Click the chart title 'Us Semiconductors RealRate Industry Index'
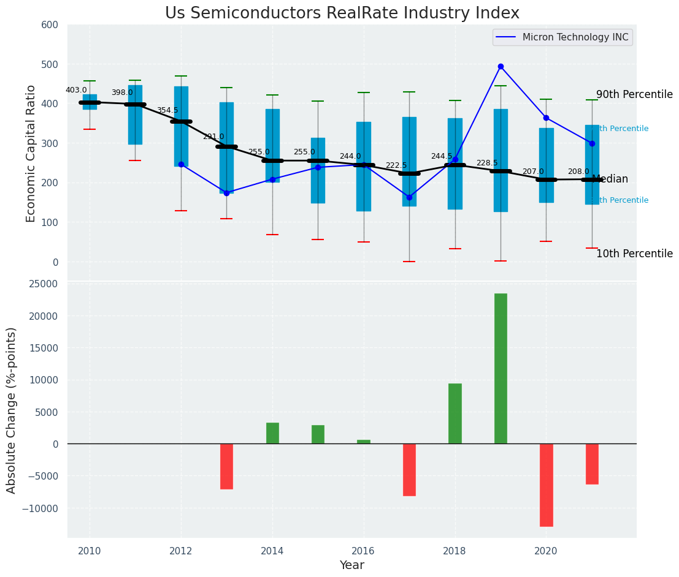click(342, 13)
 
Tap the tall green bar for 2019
click(501, 368)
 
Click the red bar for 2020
click(546, 485)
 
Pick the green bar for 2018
click(455, 413)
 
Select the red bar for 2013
click(226, 466)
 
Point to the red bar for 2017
click(409, 469)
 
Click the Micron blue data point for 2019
click(501, 66)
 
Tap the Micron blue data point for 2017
click(409, 197)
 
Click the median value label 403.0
click(76, 90)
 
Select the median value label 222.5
click(396, 165)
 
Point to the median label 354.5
click(167, 110)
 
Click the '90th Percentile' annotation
click(634, 94)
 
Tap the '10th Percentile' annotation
click(634, 254)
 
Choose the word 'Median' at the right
click(610, 179)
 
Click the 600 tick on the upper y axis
click(50, 25)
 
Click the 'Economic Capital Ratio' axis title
click(31, 153)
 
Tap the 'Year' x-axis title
click(351, 565)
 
